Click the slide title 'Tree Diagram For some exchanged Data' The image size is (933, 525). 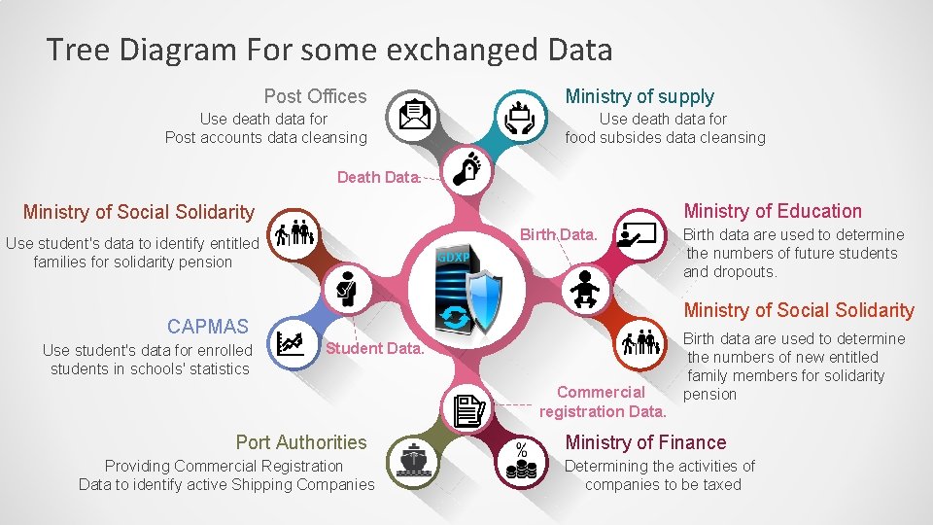(x=329, y=50)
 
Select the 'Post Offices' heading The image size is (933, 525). (x=315, y=96)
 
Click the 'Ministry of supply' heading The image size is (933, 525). (x=639, y=96)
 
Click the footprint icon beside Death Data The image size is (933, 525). (x=468, y=168)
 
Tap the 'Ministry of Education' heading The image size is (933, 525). (x=773, y=211)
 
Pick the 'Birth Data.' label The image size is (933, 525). (x=558, y=234)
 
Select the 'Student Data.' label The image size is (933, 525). (x=375, y=348)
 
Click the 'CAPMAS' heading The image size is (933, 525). (x=207, y=326)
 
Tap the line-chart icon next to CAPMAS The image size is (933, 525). (x=290, y=344)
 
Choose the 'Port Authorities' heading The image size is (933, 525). (x=301, y=442)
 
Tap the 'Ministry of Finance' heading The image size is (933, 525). (x=645, y=442)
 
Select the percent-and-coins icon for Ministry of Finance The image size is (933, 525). (x=522, y=461)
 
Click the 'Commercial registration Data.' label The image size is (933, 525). (x=603, y=402)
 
